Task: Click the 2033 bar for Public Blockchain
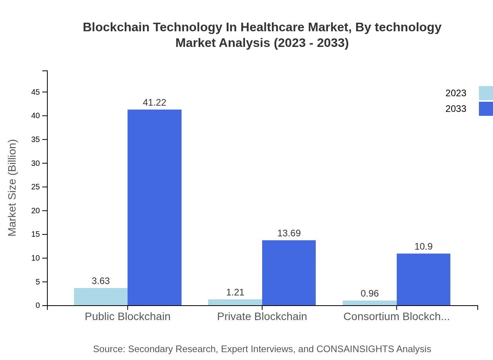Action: coord(155,207)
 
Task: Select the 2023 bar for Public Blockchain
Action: coord(101,297)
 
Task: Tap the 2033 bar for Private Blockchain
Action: coord(289,273)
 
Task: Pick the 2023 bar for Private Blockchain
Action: coord(235,302)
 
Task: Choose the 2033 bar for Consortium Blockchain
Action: coord(423,279)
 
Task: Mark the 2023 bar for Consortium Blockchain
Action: coord(370,303)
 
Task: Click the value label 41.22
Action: coord(155,103)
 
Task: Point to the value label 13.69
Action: coord(289,233)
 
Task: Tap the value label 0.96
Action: coord(370,293)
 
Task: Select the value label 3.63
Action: coord(101,281)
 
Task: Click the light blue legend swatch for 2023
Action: coord(486,93)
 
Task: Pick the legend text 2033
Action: coord(456,109)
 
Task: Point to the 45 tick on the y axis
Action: coord(36,92)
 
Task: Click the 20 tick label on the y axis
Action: coord(36,211)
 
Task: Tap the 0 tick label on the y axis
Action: coord(38,306)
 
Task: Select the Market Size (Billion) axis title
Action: coord(12,188)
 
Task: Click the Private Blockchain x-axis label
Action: coord(262,317)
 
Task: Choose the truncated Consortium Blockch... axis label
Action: coord(396,317)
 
